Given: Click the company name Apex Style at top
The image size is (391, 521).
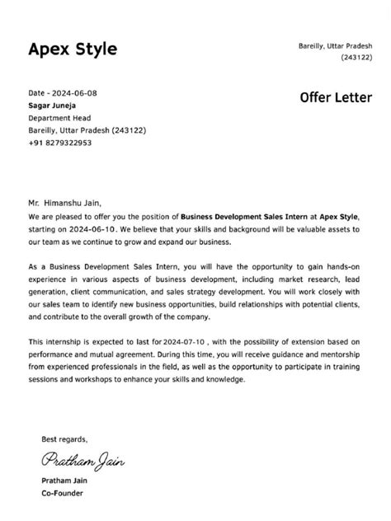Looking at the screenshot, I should coord(73,49).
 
